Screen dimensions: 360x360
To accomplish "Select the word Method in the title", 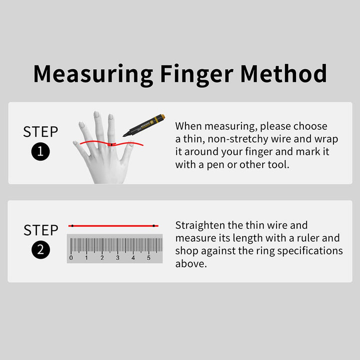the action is (x=284, y=73).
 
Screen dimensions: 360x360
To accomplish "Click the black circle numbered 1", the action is (x=40, y=151).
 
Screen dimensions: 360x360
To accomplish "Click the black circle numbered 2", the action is (x=40, y=250).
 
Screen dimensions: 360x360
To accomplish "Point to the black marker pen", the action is (x=144, y=125).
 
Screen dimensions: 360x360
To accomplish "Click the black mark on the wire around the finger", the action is (x=111, y=144).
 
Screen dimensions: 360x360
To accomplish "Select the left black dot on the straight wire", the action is (x=72, y=226).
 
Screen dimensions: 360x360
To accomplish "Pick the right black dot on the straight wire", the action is (x=154, y=226).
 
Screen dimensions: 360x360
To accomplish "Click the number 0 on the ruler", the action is (x=71, y=258).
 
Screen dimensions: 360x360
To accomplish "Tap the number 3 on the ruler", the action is (x=117, y=258).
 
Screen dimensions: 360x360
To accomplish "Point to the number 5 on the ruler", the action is (x=148, y=258).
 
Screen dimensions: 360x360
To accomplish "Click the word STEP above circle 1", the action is (x=40, y=132).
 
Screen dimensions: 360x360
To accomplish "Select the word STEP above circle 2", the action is (x=41, y=230).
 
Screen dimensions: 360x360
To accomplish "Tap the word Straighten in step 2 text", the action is (x=200, y=225).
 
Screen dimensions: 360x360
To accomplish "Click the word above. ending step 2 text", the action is (x=191, y=264).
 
